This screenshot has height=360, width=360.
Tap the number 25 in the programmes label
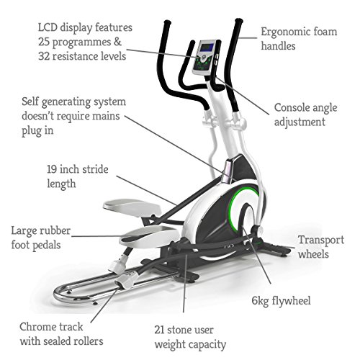click(44, 42)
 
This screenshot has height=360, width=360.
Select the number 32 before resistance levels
click(44, 56)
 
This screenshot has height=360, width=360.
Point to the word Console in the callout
click(292, 107)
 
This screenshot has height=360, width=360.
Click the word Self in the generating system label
click(30, 102)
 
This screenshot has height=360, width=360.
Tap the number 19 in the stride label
click(52, 169)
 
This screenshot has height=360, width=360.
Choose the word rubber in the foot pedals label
click(55, 230)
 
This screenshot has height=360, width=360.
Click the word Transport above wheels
click(321, 240)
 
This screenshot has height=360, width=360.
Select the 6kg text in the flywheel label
click(260, 301)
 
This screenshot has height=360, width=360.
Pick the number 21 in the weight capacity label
click(159, 330)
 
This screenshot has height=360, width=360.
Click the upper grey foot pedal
click(132, 207)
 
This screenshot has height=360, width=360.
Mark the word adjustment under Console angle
click(300, 122)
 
